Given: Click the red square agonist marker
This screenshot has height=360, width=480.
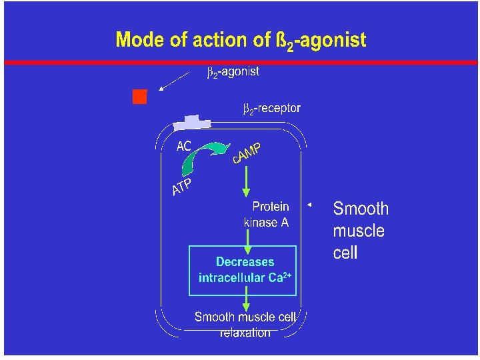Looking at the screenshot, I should point(139,97).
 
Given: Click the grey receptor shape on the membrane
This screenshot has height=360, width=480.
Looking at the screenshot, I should point(191,123).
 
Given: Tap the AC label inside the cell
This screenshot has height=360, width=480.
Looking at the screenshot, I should point(184,146).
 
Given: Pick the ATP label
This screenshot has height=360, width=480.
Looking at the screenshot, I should point(182,187).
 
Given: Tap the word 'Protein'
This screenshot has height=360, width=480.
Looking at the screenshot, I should point(270,207).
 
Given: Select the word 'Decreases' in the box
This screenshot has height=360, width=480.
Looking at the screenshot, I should point(245,262).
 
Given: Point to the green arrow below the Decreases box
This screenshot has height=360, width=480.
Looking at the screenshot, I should point(246,296).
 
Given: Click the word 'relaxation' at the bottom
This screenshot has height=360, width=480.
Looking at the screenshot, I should point(245,332).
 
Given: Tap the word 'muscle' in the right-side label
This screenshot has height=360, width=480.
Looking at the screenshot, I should point(359,231).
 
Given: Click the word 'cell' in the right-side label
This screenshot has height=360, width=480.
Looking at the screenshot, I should point(345,253).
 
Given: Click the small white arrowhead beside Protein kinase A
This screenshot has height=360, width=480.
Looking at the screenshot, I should point(309,204).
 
